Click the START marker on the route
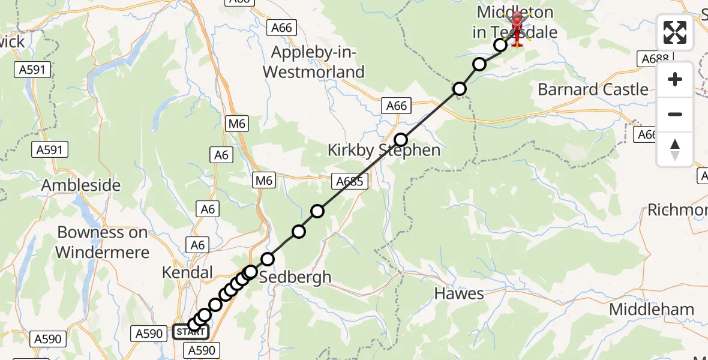pos(191,332)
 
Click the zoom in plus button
pos(675,80)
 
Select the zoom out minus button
pos(675,115)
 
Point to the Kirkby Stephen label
pos(384,150)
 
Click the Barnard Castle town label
pos(593,90)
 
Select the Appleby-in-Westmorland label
pos(318,62)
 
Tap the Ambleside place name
pos(81,185)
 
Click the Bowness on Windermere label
pos(103,242)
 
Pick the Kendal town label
pos(187,273)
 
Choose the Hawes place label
pos(459,293)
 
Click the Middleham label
pos(652,310)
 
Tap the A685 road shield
pos(349,181)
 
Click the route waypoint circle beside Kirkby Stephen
pos(400,139)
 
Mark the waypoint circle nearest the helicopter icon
pos(500,45)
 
